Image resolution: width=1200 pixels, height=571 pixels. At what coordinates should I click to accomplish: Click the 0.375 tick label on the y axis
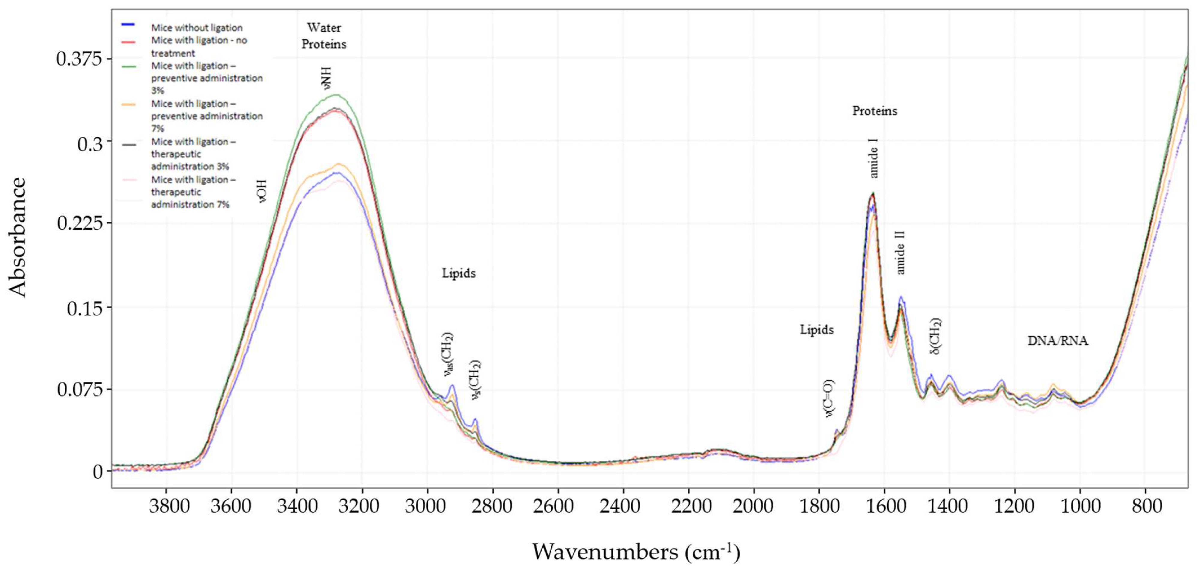pos(79,59)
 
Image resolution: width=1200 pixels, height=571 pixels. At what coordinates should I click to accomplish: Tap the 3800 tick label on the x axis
pos(169,506)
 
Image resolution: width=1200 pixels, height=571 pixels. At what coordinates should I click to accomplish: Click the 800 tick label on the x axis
pos(1146,506)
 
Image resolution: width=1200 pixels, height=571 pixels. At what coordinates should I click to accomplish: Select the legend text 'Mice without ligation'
pos(197,28)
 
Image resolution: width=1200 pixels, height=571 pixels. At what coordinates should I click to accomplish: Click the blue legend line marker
pos(128,24)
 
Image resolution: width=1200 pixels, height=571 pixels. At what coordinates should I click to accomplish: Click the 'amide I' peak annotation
pos(874,158)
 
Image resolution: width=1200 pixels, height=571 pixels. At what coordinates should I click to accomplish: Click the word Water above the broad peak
pos(324,28)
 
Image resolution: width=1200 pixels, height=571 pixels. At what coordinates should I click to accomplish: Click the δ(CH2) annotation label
pos(935,336)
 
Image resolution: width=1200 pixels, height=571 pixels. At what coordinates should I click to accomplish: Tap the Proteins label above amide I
pos(874,111)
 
